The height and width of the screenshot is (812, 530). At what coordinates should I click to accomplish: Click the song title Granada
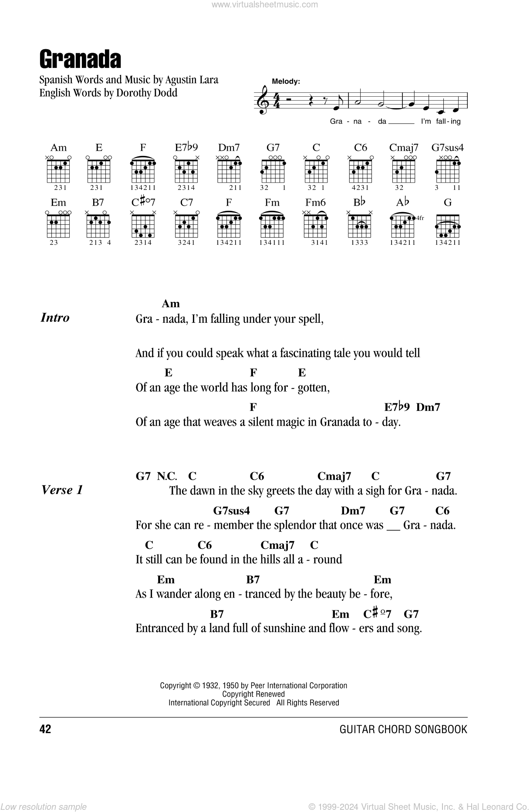[x=80, y=60]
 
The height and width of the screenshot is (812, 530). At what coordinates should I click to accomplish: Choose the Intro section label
[x=55, y=318]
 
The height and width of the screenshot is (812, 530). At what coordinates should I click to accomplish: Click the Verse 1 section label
[x=61, y=490]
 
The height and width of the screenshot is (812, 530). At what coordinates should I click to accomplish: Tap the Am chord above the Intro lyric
[x=170, y=304]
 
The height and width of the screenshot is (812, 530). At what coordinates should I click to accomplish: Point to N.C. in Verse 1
[x=166, y=476]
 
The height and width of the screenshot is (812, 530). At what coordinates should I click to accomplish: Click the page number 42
[x=45, y=729]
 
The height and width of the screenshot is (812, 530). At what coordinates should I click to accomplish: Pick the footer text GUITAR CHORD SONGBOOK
[x=403, y=729]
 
